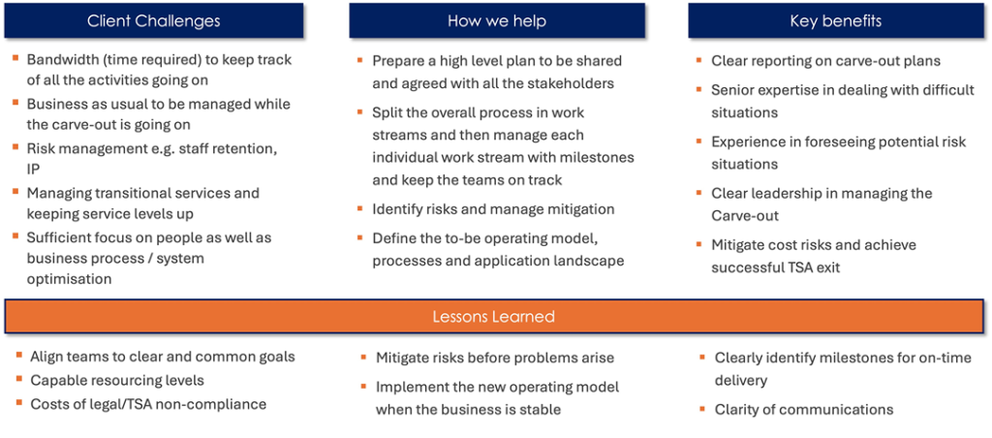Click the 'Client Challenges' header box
coord(154,20)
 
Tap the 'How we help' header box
coord(497,20)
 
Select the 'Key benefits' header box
coord(836,20)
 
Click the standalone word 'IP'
coord(32,170)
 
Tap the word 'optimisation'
coord(69,278)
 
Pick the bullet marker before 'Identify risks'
coord(360,207)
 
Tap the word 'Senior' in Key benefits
coord(732,90)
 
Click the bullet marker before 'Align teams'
coord(19,355)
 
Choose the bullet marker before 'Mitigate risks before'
coord(364,358)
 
